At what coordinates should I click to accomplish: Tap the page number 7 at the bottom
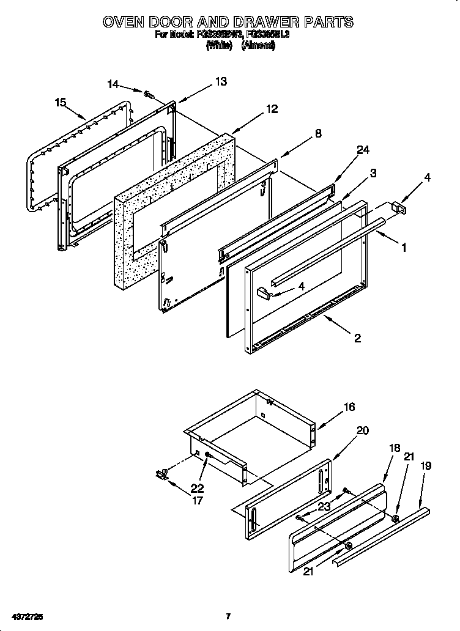[x=228, y=616]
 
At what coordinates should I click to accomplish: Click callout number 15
[x=60, y=102]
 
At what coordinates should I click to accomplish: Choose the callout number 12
[x=272, y=109]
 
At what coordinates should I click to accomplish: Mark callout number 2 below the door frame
[x=357, y=338]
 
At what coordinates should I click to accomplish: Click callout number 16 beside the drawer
[x=349, y=407]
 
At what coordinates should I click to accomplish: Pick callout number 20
[x=362, y=430]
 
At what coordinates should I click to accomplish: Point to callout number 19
[x=426, y=466]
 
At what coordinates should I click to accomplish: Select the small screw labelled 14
[x=148, y=94]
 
